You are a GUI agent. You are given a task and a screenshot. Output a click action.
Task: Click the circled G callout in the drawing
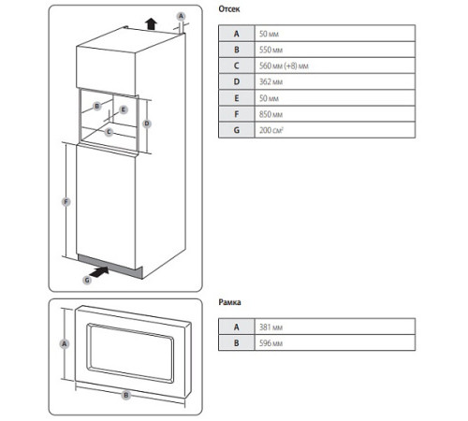pyautogui.click(x=87, y=278)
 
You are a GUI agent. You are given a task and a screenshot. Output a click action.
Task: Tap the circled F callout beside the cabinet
pyautogui.click(x=65, y=201)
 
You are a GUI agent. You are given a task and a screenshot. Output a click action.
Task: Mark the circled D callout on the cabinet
pyautogui.click(x=148, y=123)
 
